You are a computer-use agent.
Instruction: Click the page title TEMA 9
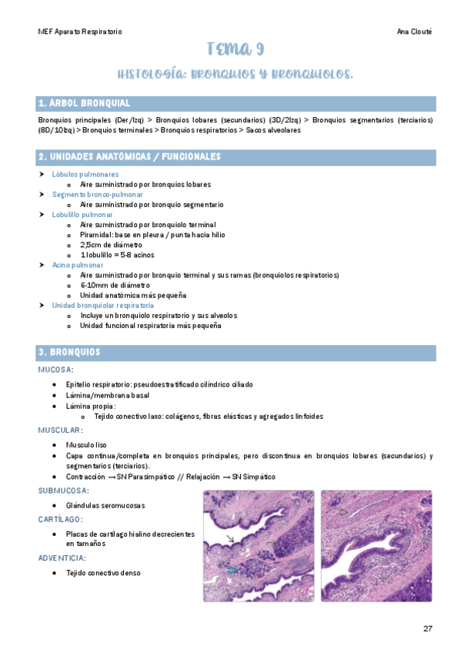point(236,51)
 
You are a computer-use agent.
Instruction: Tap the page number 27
point(428,628)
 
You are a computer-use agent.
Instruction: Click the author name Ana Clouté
point(415,32)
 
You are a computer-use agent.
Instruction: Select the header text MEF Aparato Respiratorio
point(80,32)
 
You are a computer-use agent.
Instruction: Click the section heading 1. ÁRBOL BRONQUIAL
point(85,103)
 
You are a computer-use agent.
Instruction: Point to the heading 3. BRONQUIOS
point(69,352)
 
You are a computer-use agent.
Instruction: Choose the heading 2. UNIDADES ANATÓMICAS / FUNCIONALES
point(129,157)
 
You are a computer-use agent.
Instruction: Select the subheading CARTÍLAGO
point(61,519)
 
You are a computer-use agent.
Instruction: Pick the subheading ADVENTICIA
point(62,558)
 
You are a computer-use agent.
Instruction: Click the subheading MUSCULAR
point(60,430)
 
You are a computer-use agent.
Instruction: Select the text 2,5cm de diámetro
point(111,244)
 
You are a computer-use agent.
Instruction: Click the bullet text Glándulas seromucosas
point(105,505)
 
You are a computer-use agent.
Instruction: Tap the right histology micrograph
point(376,545)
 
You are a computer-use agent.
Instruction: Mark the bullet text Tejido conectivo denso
point(103,573)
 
